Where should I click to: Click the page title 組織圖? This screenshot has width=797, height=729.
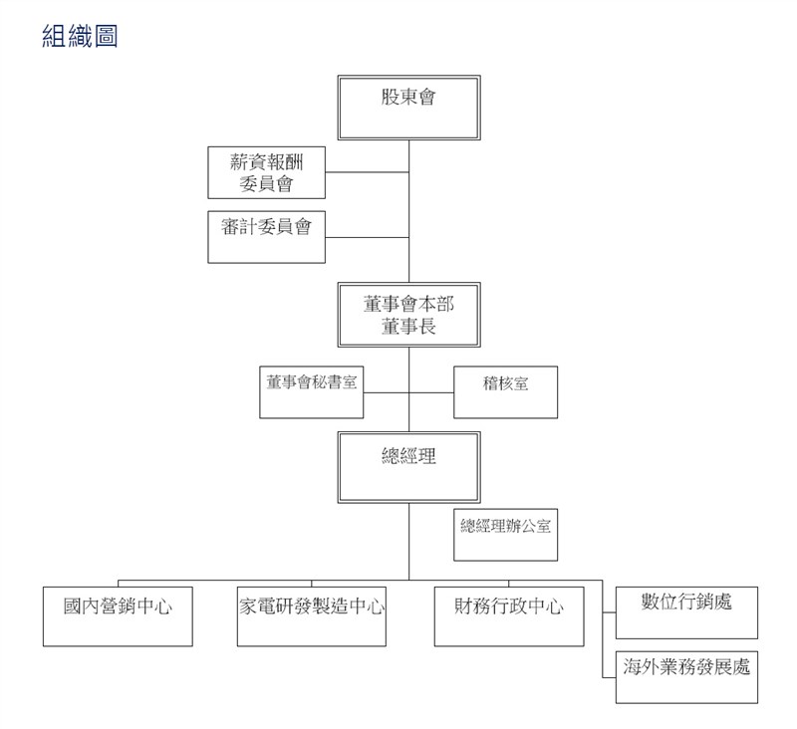tap(80, 36)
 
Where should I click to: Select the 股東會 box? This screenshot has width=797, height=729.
tap(408, 108)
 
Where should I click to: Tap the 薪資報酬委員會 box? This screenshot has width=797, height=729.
tap(266, 172)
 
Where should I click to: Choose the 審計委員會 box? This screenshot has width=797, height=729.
tap(266, 237)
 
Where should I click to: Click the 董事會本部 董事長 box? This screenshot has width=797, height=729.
tap(408, 315)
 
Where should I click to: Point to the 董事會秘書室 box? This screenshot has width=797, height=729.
tap(311, 392)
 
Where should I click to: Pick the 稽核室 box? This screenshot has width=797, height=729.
tap(505, 392)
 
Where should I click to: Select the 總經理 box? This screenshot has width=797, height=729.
tap(408, 467)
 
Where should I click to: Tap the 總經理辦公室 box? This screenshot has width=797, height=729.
tap(505, 535)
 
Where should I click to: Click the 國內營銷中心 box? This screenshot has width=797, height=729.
tap(118, 616)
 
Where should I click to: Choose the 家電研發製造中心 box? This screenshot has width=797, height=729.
tap(312, 616)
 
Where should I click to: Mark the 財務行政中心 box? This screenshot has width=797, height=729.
tap(509, 616)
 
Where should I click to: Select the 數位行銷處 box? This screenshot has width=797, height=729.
tap(686, 612)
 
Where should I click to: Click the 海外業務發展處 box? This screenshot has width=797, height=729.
tap(686, 677)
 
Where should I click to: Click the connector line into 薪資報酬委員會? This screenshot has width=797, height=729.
tap(367, 172)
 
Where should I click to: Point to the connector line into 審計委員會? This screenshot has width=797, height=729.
tap(367, 237)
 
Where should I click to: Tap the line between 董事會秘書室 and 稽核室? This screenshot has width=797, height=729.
tap(408, 392)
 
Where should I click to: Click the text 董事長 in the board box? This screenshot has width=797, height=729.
tap(408, 326)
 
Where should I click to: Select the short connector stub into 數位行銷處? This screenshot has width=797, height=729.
tap(609, 612)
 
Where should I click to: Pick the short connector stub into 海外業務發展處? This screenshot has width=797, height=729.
tap(609, 677)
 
